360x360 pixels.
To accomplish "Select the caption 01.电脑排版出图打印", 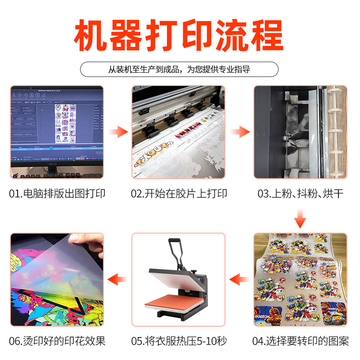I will pos(57,194).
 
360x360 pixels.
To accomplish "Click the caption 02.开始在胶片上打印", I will pos(179,194).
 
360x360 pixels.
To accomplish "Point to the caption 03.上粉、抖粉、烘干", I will pos(301,194).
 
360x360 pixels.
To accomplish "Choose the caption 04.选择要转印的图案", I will pos(301,341).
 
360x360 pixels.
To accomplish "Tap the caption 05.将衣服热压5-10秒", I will pos(179,341).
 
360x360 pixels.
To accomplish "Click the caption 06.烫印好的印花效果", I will pos(57,341).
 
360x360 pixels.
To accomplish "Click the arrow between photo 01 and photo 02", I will pos(118,132).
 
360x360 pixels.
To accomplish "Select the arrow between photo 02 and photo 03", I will pos(240,132).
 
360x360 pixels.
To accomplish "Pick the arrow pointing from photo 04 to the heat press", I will pos(240,279).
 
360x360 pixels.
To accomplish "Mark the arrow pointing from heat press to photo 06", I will pos(118,279).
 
